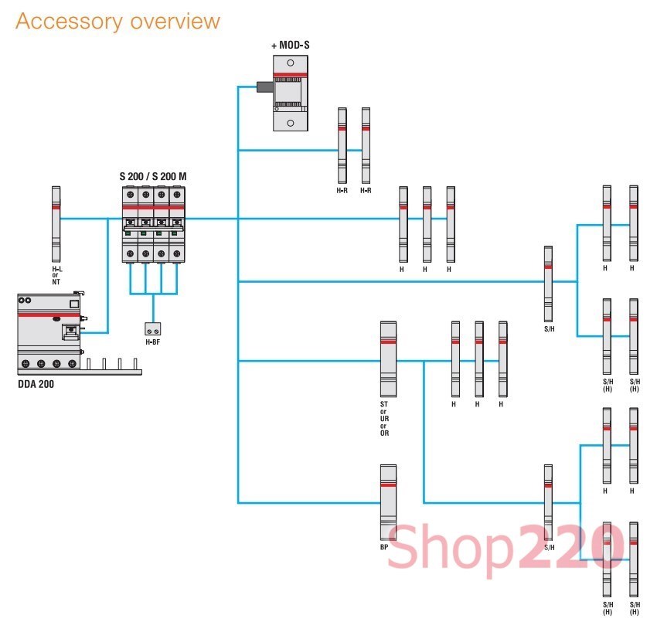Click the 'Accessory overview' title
(x=117, y=21)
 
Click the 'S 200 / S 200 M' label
(x=153, y=177)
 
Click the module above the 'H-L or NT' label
(x=56, y=223)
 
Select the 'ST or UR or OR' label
(x=385, y=418)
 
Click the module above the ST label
(x=388, y=359)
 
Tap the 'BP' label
(x=384, y=548)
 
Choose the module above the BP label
(x=388, y=502)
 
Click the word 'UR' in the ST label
(x=385, y=418)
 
